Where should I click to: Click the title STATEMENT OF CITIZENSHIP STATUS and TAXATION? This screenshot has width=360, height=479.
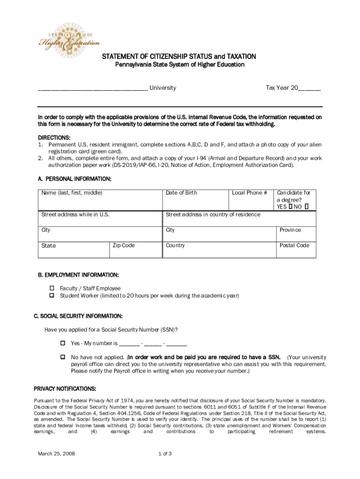click(180, 57)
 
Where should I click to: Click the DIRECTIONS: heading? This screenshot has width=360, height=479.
click(54, 138)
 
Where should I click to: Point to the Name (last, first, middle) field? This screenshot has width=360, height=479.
click(100, 199)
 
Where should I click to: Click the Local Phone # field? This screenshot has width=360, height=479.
click(251, 199)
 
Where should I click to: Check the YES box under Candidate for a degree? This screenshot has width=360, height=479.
click(290, 206)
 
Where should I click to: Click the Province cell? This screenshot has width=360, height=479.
click(295, 234)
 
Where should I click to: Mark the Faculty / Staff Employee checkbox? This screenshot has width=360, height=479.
click(52, 289)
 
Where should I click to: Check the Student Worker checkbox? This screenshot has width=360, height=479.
click(52, 296)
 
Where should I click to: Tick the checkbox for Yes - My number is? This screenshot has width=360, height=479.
click(62, 343)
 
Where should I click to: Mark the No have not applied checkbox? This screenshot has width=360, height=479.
click(62, 357)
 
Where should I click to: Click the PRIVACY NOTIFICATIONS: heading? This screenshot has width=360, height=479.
click(65, 389)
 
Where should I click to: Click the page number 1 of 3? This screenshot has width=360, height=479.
click(166, 454)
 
